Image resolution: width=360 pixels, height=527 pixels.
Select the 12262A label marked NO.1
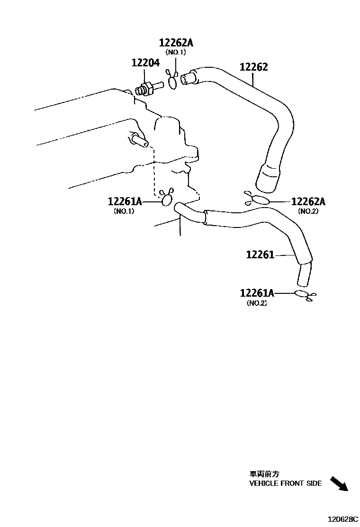click(x=176, y=43)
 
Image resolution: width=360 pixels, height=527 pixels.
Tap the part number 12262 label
click(x=253, y=67)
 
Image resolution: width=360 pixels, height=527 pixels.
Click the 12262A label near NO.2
click(x=308, y=202)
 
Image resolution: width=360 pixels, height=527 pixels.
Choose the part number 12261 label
click(x=260, y=255)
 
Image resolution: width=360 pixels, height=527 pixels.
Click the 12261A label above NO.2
click(x=257, y=294)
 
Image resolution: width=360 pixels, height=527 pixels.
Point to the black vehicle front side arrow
click(x=338, y=483)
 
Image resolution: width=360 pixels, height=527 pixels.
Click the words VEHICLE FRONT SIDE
click(x=285, y=483)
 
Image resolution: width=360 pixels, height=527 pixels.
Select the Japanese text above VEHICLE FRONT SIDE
click(x=264, y=473)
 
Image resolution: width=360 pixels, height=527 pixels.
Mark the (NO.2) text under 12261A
click(x=257, y=303)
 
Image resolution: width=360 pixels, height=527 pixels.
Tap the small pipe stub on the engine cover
click(x=139, y=140)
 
